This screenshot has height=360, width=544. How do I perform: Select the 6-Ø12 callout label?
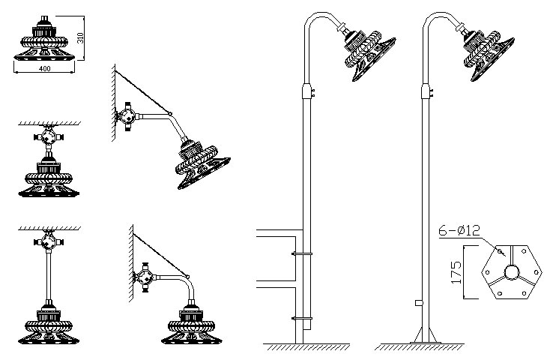pyautogui.click(x=459, y=232)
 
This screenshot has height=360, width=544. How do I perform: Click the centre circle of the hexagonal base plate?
pyautogui.click(x=513, y=271)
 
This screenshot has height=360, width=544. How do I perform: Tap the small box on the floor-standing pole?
pyautogui.click(x=417, y=304)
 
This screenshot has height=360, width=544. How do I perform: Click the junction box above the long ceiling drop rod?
pyautogui.click(x=47, y=242)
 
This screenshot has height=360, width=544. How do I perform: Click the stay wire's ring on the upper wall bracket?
pyautogui.click(x=172, y=112)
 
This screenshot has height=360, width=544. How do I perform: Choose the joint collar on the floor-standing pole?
pyautogui.click(x=426, y=91)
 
